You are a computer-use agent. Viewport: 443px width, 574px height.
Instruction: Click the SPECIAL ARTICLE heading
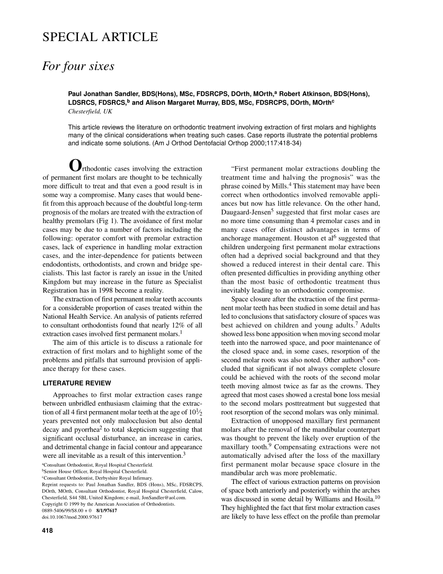(100, 37)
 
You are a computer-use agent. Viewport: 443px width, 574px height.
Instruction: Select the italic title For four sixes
(78, 66)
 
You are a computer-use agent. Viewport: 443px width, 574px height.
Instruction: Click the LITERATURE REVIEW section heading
(77, 383)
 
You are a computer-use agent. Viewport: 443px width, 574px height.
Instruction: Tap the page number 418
(48, 530)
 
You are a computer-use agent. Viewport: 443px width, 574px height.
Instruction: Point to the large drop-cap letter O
(75, 166)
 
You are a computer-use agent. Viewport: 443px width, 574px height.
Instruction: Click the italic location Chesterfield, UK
(90, 112)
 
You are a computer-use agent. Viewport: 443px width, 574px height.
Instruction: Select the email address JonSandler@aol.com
(164, 497)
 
